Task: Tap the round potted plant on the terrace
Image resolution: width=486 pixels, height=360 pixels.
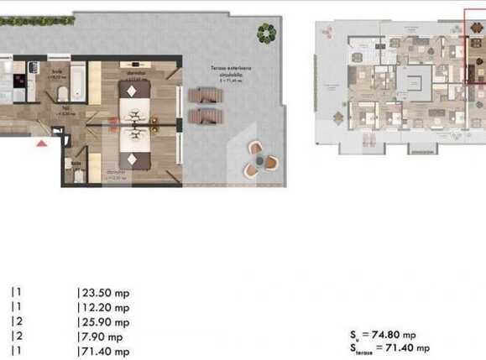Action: [266, 34]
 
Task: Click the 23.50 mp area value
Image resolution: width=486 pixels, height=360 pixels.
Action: [103, 293]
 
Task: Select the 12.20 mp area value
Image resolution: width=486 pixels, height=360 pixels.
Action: [103, 307]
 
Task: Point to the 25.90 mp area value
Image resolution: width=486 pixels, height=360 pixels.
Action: [103, 321]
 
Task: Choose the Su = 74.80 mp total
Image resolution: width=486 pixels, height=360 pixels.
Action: [392, 332]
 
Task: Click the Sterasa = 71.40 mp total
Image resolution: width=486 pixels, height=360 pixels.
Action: [392, 347]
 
